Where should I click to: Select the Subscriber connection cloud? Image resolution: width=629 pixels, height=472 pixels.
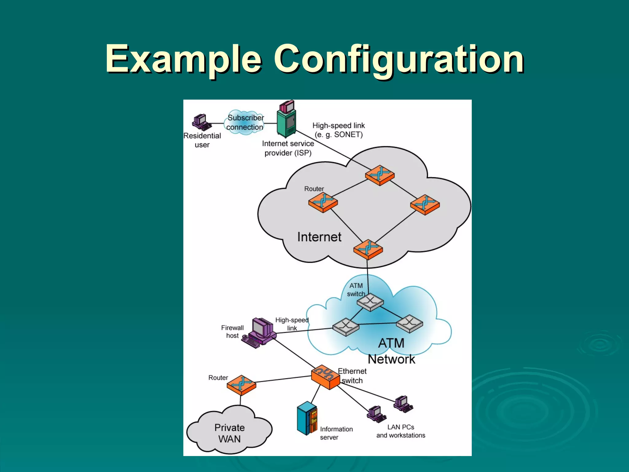245,122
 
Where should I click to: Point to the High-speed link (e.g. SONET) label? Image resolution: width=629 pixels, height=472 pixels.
338,130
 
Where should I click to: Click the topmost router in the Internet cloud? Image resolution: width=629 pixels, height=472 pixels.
380,175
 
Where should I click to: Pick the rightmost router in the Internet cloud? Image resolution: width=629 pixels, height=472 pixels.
425,204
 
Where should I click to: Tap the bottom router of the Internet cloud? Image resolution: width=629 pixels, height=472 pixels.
368,249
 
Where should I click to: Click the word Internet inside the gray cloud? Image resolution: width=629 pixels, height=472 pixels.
319,237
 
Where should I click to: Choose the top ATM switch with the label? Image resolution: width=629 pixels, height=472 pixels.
370,301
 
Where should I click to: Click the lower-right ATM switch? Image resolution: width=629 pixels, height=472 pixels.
409,323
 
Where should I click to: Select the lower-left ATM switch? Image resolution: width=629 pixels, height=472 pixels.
346,327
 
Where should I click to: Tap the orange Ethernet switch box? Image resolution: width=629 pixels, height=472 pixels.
325,377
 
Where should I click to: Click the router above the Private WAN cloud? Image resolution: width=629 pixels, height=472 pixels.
241,385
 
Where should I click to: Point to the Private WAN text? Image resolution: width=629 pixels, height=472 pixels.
229,433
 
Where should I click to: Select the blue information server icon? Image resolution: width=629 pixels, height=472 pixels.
307,418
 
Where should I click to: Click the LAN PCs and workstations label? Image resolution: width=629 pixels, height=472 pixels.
400,431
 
